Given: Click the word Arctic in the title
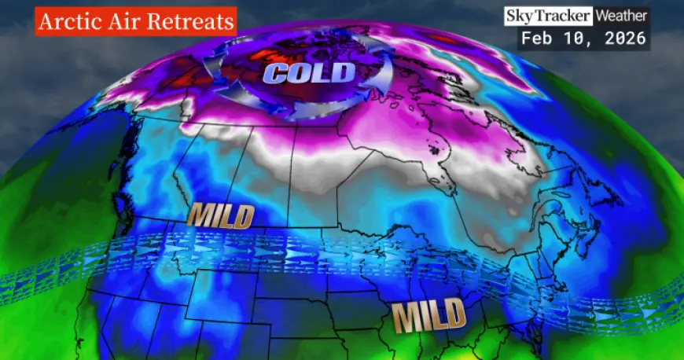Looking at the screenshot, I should click(64, 21).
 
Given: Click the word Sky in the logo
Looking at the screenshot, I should click(520, 16).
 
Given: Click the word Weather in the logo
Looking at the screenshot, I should click(621, 16).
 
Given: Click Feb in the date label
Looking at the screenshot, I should click(535, 38).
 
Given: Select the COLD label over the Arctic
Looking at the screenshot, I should click(309, 74).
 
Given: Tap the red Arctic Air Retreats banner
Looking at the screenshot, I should click(135, 21).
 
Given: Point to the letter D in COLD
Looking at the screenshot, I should click(344, 73).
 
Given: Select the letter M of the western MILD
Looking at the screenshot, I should click(198, 215).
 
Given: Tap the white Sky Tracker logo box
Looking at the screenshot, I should click(549, 16).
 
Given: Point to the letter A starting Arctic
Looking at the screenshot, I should click(45, 21).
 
